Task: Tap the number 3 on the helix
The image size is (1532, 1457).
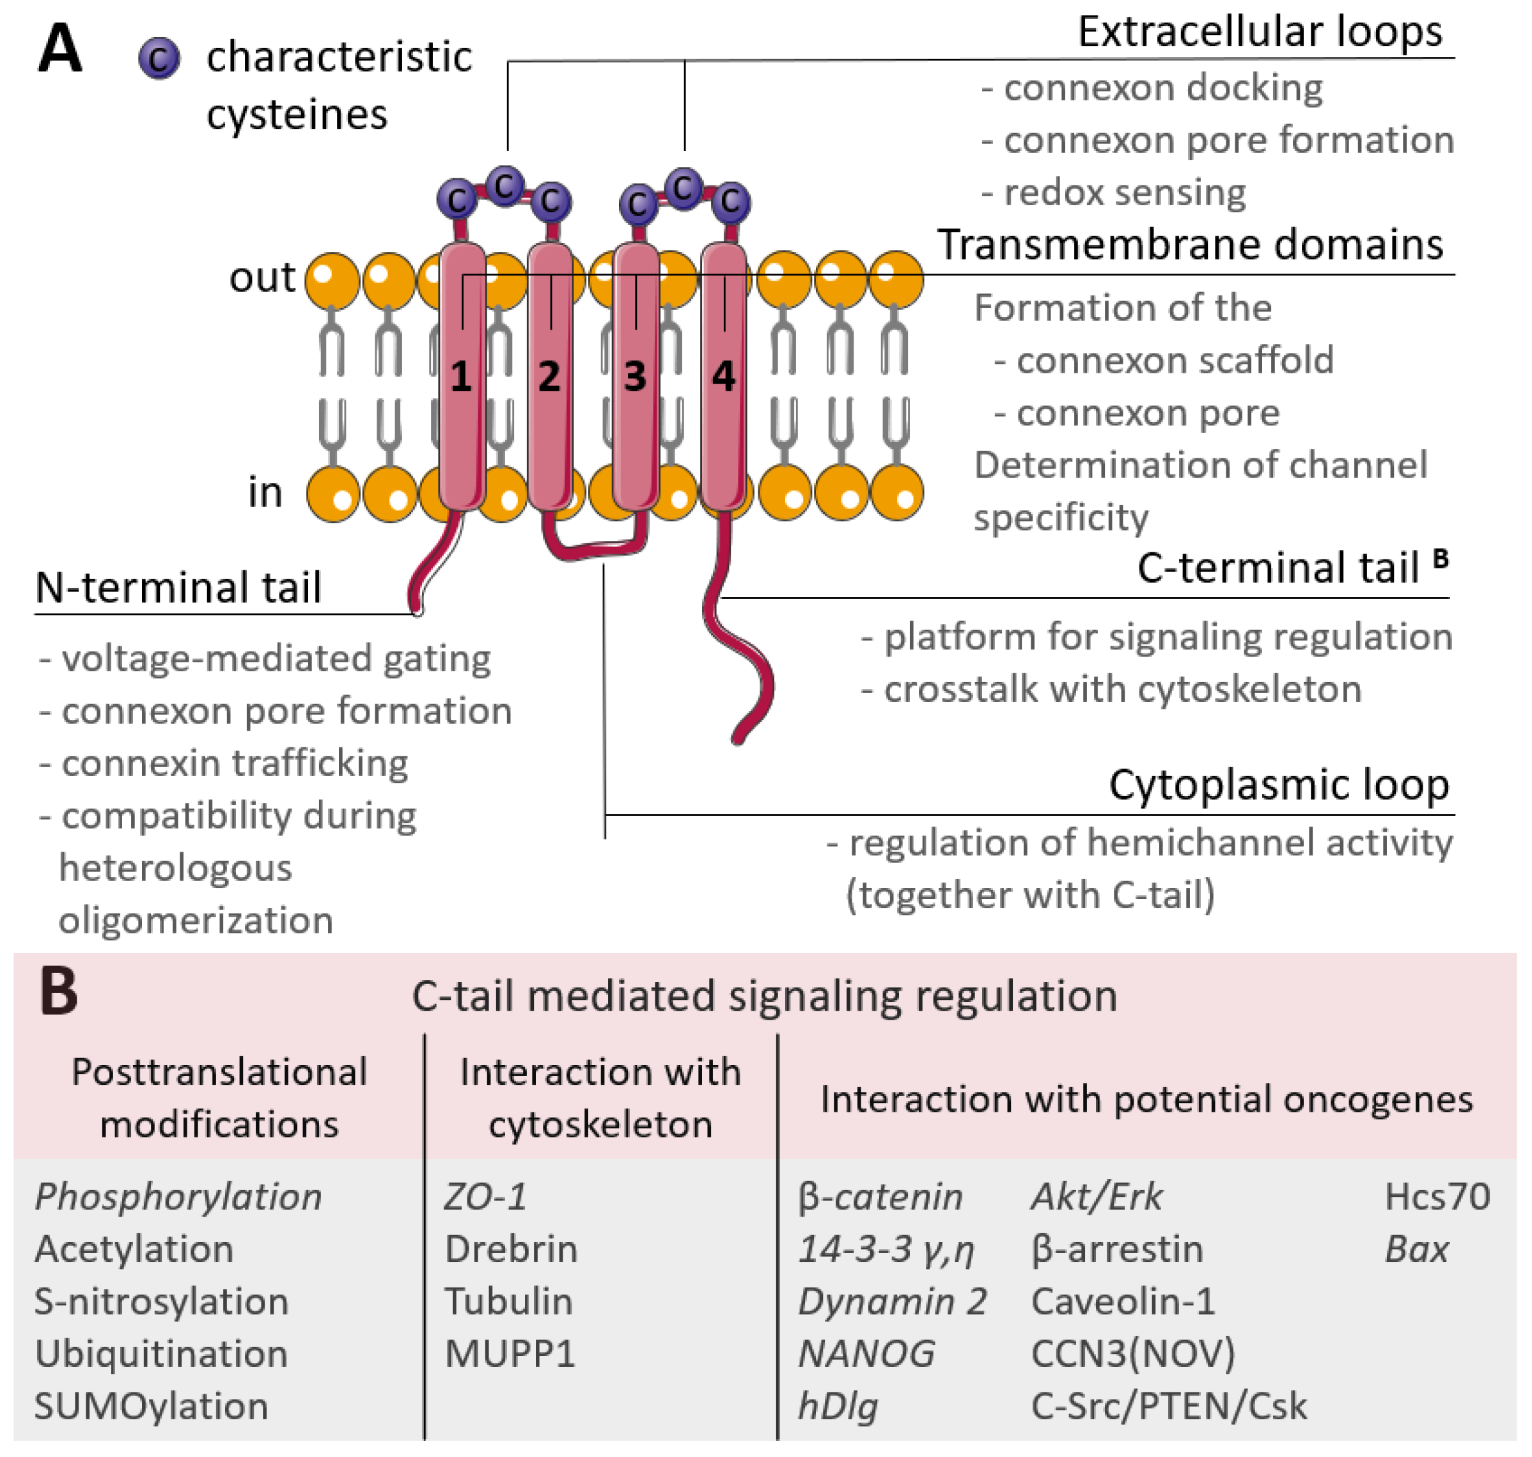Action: click(x=636, y=377)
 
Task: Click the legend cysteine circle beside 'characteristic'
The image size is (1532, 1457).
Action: click(x=159, y=59)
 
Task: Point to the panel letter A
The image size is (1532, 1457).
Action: click(x=60, y=49)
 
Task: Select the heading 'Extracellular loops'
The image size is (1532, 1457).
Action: click(x=1260, y=33)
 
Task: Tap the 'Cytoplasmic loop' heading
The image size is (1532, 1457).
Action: click(x=1279, y=784)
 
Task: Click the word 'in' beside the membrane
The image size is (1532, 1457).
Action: click(x=265, y=492)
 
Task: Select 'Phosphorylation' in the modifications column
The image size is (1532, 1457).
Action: click(x=178, y=1197)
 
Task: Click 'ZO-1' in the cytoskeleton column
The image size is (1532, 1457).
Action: click(x=485, y=1197)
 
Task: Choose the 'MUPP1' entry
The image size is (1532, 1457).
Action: click(x=510, y=1353)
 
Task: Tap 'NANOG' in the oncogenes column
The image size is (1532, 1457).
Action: click(x=866, y=1353)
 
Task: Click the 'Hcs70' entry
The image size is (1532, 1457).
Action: click(x=1437, y=1197)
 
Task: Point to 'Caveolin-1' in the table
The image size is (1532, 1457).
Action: click(x=1123, y=1302)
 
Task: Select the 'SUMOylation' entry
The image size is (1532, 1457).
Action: click(x=152, y=1406)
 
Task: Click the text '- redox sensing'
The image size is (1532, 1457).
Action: click(x=1113, y=192)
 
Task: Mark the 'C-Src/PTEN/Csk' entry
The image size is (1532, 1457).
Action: click(x=1168, y=1406)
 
